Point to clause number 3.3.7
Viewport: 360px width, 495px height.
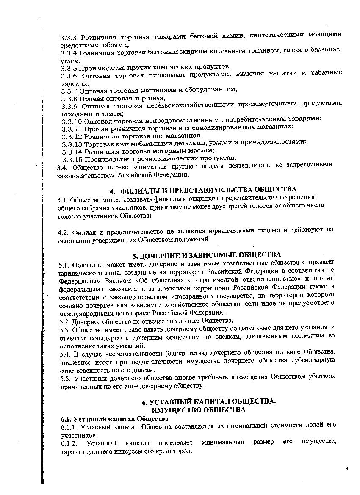[69, 90]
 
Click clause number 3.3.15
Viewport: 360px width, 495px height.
[72, 159]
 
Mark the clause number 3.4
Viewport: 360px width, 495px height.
[62, 167]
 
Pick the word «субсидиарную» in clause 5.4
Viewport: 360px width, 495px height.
[313, 360]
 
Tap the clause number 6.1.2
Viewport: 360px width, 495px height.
[70, 443]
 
